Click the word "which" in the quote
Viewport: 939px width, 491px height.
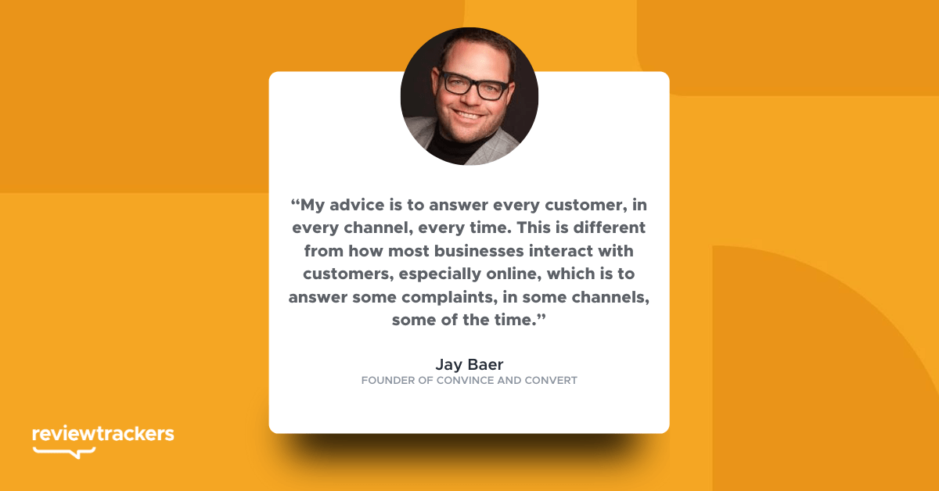[x=570, y=274]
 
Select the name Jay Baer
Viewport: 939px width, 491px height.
[x=469, y=364]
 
